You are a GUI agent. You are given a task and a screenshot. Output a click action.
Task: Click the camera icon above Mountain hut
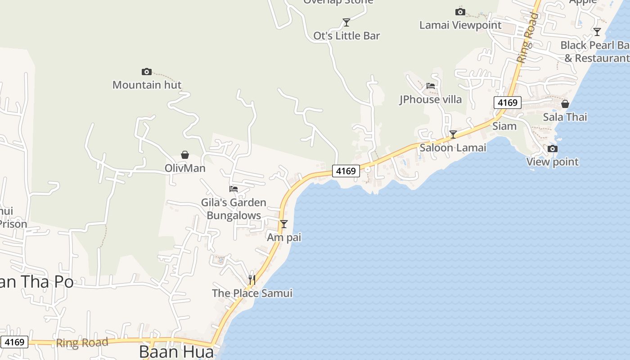(x=147, y=72)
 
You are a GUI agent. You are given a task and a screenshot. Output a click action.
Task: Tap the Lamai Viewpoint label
(x=460, y=25)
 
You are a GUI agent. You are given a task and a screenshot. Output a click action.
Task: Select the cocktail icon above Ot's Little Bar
(x=346, y=22)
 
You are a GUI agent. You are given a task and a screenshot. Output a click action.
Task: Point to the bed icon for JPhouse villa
(x=431, y=86)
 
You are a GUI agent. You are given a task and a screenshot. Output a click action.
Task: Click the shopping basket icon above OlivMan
(x=184, y=155)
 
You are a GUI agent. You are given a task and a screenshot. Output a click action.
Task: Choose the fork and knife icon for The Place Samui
(x=252, y=280)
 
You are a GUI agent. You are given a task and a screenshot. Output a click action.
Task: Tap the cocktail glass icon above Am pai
(x=283, y=224)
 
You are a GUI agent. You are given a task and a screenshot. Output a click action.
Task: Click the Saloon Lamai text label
(x=453, y=148)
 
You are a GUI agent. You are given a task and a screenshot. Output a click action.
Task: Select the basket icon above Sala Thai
(x=565, y=104)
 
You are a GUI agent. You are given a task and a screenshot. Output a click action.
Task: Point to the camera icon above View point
(x=552, y=149)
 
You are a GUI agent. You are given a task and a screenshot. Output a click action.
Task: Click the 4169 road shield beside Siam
(x=507, y=103)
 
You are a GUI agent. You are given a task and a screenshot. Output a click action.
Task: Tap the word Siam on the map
(x=504, y=126)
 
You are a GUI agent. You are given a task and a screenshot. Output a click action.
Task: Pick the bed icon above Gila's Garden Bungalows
(x=234, y=189)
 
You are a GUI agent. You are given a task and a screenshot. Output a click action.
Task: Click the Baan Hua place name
(x=176, y=351)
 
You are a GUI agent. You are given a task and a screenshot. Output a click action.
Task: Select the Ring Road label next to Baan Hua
(x=82, y=343)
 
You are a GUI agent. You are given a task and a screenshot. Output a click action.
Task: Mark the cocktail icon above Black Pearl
(x=597, y=32)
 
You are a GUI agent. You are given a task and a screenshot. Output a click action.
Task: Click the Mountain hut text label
(x=147, y=85)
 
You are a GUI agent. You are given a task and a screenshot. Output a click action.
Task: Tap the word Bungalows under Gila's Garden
(x=234, y=216)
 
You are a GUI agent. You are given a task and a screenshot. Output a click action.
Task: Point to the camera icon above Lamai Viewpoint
(x=460, y=12)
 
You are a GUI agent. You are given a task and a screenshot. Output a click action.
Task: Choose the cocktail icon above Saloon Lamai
(x=453, y=135)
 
